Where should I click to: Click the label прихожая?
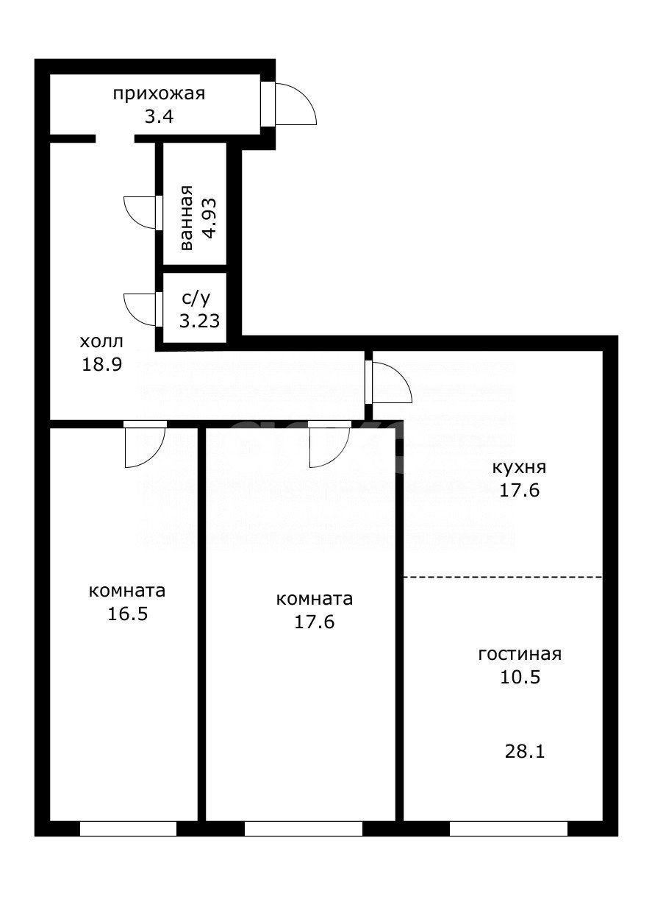click(158, 94)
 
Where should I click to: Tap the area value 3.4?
click(158, 116)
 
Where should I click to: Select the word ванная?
click(186, 218)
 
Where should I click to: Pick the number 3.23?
click(200, 321)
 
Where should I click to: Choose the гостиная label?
click(520, 655)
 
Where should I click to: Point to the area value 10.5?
click(520, 678)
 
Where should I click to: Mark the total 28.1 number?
click(525, 751)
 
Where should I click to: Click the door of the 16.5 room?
click(144, 446)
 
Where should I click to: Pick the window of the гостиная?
click(508, 829)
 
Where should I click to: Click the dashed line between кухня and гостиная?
click(503, 577)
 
